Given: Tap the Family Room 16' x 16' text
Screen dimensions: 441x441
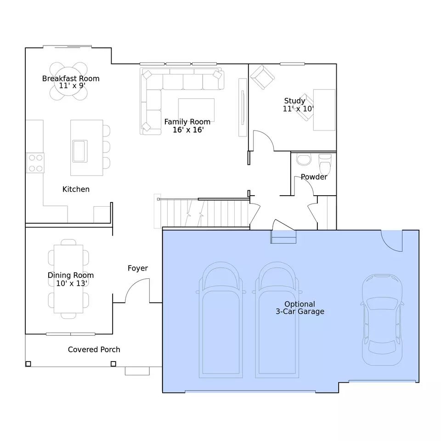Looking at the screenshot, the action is click(187, 126).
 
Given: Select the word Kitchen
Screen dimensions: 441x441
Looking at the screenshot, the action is click(76, 189).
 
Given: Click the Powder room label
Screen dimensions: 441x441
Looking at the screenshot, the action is click(314, 177).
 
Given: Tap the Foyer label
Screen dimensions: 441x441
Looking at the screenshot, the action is click(138, 268).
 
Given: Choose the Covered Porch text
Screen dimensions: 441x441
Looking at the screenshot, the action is click(94, 350).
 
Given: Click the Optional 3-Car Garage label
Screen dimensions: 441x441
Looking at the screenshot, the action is click(300, 308).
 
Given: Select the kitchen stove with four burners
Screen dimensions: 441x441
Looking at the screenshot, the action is click(35, 163).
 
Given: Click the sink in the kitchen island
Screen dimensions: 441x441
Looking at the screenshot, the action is click(80, 151).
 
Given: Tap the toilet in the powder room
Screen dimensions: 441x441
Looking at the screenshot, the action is click(325, 164).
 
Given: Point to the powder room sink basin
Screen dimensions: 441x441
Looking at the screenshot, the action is click(304, 159).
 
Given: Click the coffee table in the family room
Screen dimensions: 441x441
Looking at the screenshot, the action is click(196, 110).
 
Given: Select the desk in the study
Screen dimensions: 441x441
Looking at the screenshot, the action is click(324, 110).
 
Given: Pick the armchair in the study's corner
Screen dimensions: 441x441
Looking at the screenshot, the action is click(262, 77).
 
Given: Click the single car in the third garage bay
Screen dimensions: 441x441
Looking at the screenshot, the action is click(382, 320).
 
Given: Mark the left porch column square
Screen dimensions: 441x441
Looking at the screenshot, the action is click(28, 364).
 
